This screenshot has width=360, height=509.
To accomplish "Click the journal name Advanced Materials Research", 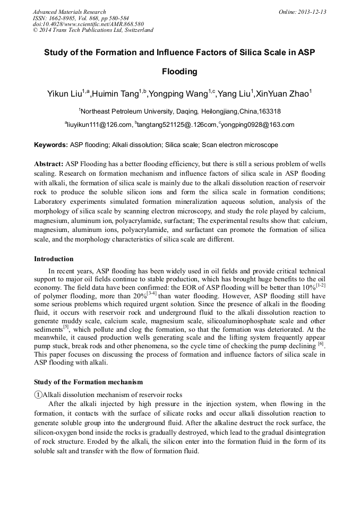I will pos(69,12).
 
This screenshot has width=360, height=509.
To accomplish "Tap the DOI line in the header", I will pos(88,24).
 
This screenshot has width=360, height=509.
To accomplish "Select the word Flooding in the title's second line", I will pos(179,71).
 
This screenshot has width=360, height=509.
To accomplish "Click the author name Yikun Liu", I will pos(64,94).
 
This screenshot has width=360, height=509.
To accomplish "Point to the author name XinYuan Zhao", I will pos(281,94).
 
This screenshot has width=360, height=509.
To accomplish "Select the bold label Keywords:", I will pos(51,145).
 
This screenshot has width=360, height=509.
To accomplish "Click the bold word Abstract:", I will pos(49,164).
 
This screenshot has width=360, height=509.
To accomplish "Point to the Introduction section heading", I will pos(54,259).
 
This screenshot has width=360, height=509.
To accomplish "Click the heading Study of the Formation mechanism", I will pos(88,382).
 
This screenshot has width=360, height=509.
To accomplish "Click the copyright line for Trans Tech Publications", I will pos(93,30).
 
